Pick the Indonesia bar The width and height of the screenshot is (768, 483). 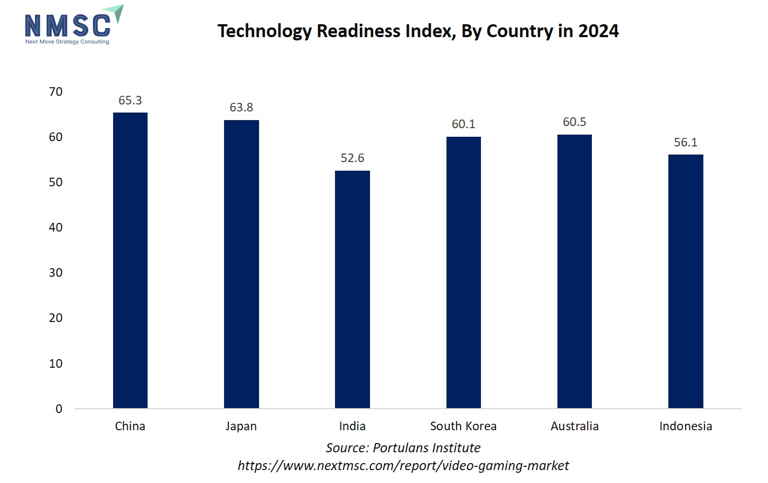tap(686, 281)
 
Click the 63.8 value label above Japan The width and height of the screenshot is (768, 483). tap(241, 108)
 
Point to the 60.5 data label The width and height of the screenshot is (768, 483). tap(574, 122)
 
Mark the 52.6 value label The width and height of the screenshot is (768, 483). tap(352, 158)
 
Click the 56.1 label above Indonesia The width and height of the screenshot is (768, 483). tap(686, 143)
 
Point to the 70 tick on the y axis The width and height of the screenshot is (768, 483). tap(55, 92)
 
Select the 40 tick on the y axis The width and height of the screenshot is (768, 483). tap(55, 228)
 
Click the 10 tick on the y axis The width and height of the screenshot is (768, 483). tap(55, 364)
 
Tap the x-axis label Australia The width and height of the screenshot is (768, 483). tap(574, 426)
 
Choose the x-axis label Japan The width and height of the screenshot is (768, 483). tap(241, 426)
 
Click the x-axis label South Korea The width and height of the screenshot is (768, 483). tap(463, 426)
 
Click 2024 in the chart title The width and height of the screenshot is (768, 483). tap(598, 31)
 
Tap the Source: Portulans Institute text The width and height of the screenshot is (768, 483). tap(403, 448)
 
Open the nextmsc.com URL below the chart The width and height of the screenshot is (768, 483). tap(403, 466)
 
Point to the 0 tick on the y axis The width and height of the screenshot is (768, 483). tap(59, 409)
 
